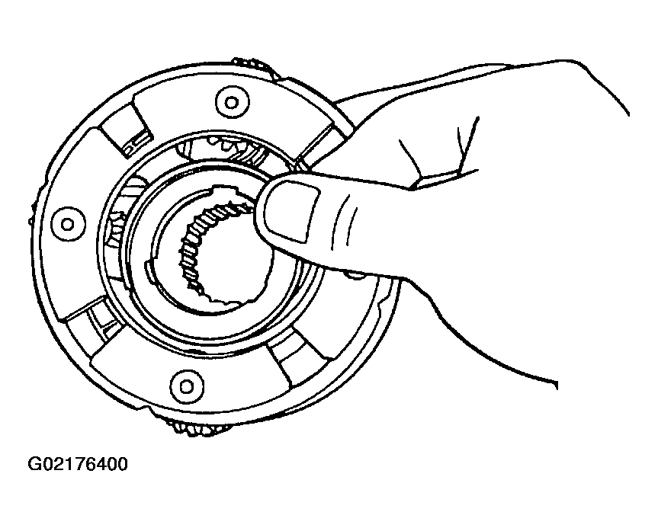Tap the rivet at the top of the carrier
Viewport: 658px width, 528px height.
click(x=232, y=102)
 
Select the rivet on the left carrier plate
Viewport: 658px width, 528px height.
click(x=68, y=224)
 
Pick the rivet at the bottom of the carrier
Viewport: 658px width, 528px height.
click(x=187, y=386)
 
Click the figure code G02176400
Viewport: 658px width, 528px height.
click(x=77, y=464)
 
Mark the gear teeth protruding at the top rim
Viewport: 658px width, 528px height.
click(x=257, y=67)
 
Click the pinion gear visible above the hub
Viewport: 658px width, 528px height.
click(x=226, y=148)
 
